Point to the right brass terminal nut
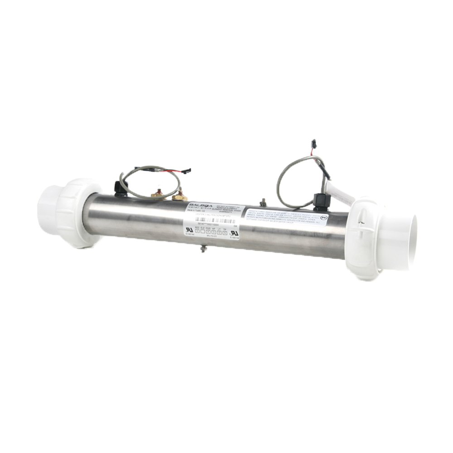click(x=180, y=195)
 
